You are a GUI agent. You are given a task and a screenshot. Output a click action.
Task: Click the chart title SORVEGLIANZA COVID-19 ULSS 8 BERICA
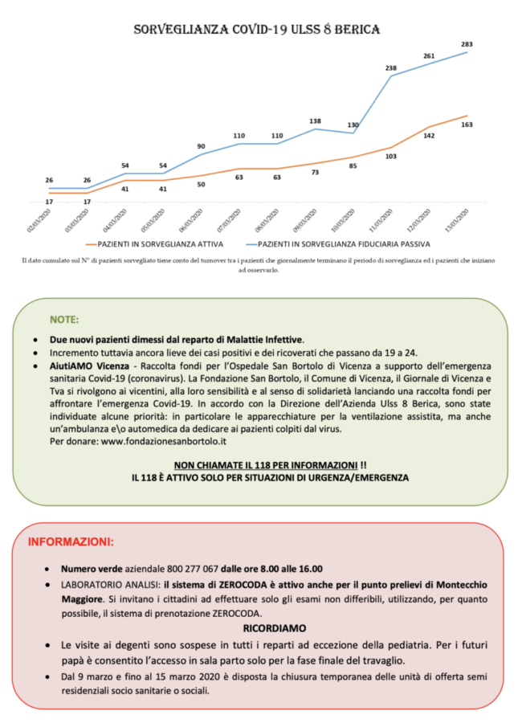click(x=257, y=30)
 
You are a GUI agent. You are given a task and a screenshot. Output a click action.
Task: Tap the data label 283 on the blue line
click(x=467, y=43)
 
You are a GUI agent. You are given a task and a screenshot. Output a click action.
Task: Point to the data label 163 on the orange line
click(x=467, y=125)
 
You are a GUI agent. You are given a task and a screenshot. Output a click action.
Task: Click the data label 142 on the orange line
click(x=429, y=136)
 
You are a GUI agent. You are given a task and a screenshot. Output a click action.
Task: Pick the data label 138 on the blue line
click(x=315, y=121)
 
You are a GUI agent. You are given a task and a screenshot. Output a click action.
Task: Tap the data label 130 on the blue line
click(x=353, y=125)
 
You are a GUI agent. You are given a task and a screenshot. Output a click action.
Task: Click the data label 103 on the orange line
click(x=391, y=156)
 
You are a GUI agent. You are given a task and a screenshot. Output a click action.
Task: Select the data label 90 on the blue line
click(x=201, y=146)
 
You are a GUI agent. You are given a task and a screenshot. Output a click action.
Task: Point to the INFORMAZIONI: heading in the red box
click(x=71, y=541)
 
